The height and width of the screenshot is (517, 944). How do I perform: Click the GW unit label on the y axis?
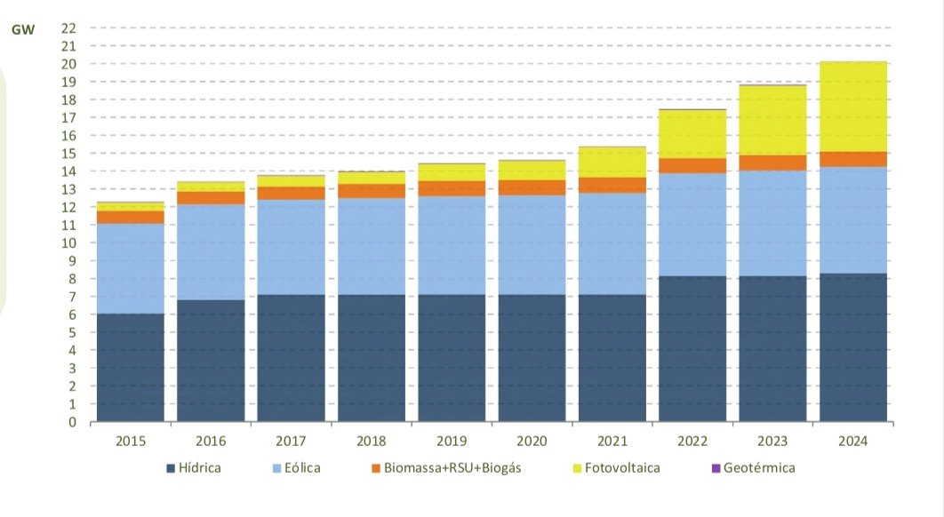[x=22, y=28]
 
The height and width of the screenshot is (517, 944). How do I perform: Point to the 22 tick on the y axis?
[x=68, y=28]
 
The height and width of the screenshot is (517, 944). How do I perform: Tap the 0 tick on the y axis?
[x=72, y=422]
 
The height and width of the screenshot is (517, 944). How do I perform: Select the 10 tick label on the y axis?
[x=68, y=243]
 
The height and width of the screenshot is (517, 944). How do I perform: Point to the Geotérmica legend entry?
[x=751, y=468]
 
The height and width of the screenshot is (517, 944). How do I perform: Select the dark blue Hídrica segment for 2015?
[x=130, y=367]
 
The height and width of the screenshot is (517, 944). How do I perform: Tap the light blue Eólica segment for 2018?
[x=372, y=246]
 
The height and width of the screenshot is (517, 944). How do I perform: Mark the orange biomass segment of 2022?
[x=692, y=165]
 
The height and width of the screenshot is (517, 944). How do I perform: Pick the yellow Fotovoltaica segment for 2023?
[x=773, y=120]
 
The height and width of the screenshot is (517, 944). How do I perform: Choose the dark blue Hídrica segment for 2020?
[x=532, y=358]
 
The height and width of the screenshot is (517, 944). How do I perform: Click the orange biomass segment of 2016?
[x=211, y=198]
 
